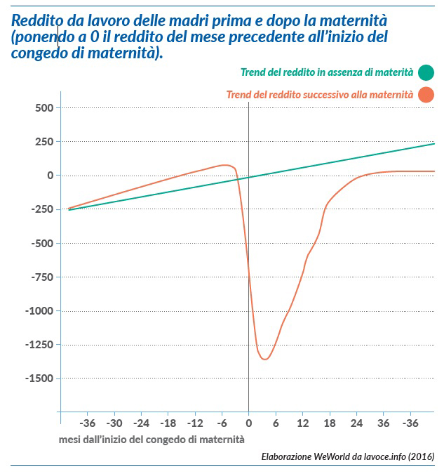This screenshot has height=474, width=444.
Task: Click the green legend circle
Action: click(x=425, y=72)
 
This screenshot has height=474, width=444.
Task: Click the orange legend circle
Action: click(x=425, y=94)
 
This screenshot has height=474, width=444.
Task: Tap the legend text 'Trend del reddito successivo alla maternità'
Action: click(x=319, y=94)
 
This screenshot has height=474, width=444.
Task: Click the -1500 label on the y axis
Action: click(x=39, y=378)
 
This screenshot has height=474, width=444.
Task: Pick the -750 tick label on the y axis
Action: click(x=41, y=277)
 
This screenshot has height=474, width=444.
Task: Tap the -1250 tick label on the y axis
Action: click(x=39, y=345)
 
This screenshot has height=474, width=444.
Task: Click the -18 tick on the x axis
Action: click(x=168, y=423)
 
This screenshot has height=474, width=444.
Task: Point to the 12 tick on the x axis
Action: click(x=302, y=423)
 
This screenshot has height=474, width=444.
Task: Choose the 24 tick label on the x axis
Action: click(x=356, y=423)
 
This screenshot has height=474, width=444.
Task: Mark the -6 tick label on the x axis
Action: click(x=222, y=423)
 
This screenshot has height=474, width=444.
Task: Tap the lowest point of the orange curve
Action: click(x=264, y=360)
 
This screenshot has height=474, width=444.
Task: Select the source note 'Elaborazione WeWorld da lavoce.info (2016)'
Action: click(x=347, y=456)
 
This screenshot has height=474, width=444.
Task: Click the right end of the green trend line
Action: click(x=434, y=144)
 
